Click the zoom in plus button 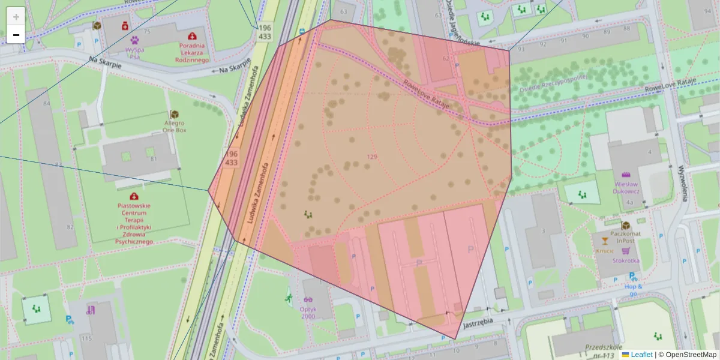(x=16, y=16)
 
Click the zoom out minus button (x=16, y=35)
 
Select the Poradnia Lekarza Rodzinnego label (x=191, y=52)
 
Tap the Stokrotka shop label (x=626, y=260)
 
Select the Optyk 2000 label (x=308, y=313)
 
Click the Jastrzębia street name (x=478, y=322)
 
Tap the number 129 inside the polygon (x=371, y=157)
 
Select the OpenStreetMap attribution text (x=688, y=355)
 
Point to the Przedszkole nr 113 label (x=600, y=352)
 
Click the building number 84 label (x=46, y=104)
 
